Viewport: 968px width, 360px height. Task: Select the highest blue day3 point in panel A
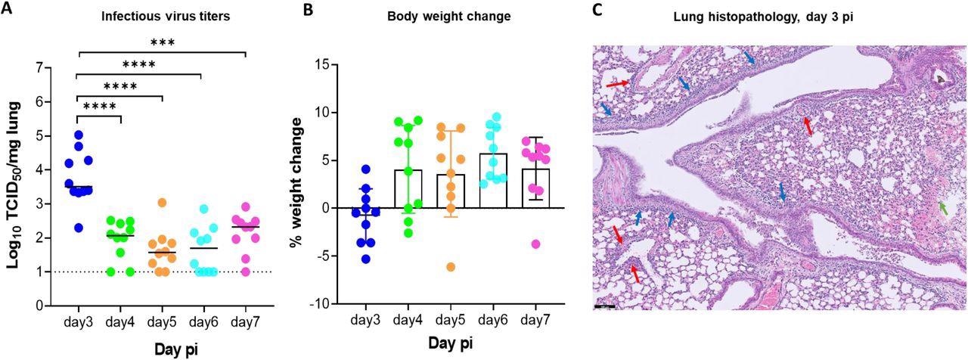click(78, 135)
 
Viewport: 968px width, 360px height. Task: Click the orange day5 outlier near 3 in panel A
click(162, 203)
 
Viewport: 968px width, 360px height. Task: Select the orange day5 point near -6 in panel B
click(451, 266)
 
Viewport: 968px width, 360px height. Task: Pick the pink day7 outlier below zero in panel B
click(535, 244)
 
